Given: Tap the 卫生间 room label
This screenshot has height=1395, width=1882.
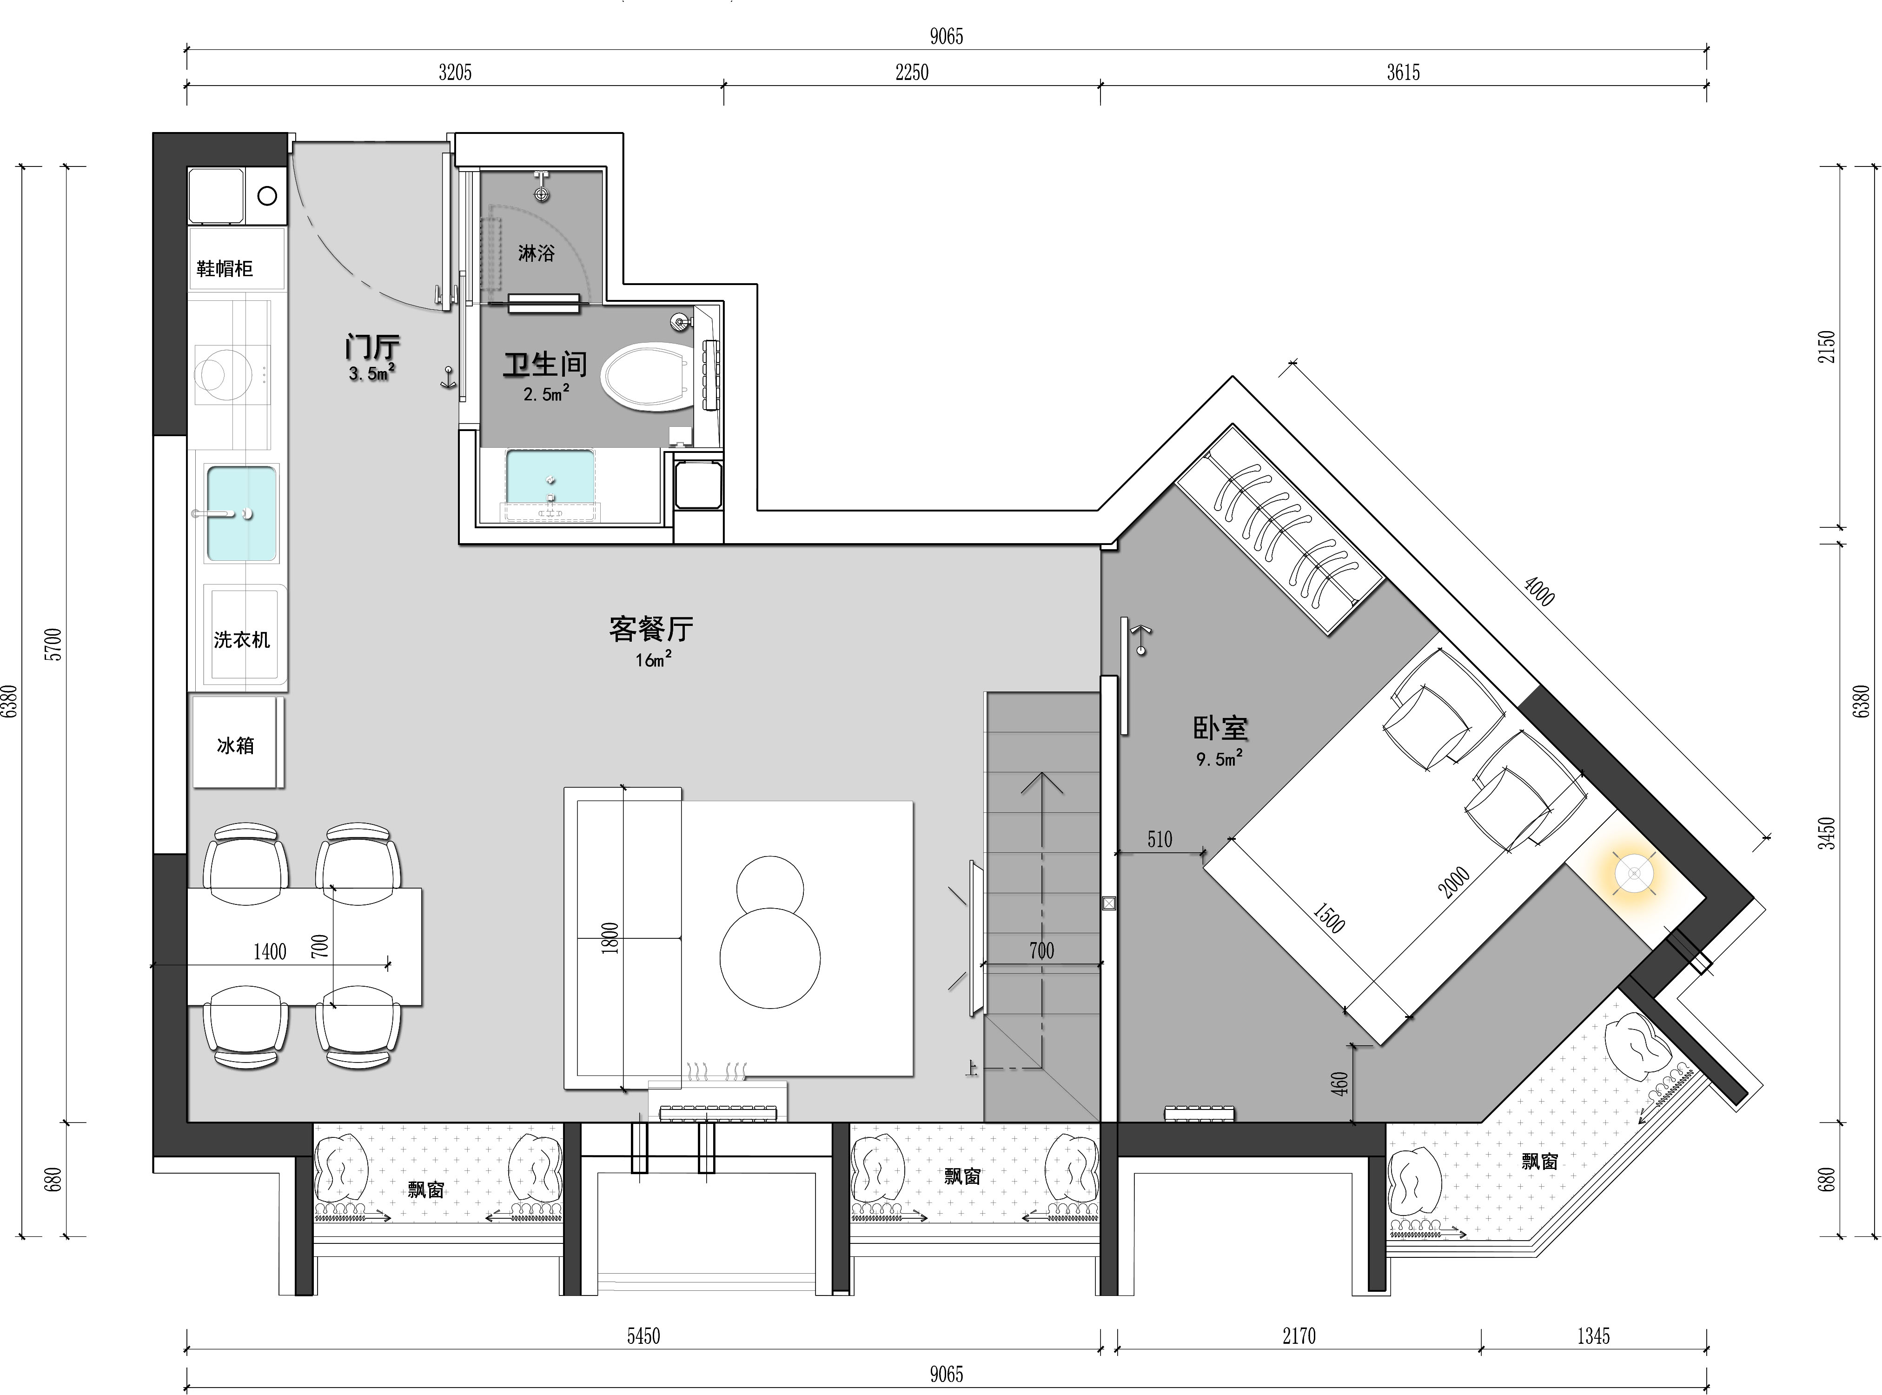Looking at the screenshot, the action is point(545,365).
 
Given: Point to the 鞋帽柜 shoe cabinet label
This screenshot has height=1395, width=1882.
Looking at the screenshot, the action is point(225,268).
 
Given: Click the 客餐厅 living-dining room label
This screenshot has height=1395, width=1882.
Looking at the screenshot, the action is point(651,628).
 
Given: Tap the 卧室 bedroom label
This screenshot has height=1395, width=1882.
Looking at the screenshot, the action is point(1220,728).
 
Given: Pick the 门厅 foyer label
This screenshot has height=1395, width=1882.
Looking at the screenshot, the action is point(372,346).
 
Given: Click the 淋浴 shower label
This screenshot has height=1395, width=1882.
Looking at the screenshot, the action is point(536,252).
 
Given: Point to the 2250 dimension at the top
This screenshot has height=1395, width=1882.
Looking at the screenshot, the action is point(912,73).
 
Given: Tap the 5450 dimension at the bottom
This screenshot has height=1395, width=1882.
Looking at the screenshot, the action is point(643,1336).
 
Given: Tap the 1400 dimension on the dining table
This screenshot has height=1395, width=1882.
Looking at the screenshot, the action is point(270,952).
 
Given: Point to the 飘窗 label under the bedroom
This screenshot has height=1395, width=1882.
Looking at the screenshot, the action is point(1539,1161).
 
